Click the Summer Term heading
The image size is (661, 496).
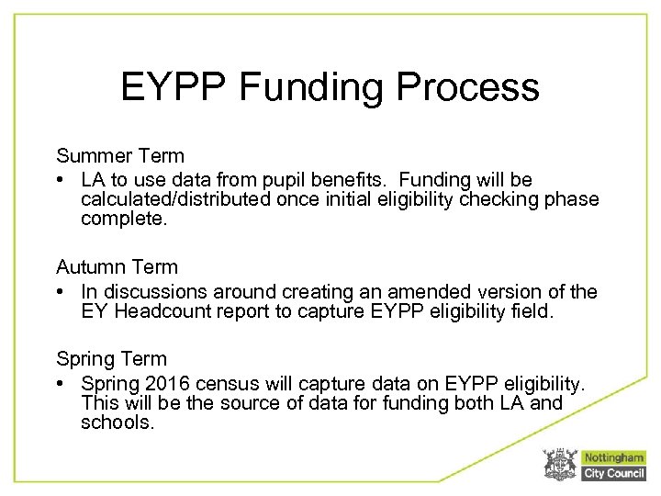coord(120,156)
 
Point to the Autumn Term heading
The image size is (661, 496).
coord(117,267)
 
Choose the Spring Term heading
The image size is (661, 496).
coord(112,358)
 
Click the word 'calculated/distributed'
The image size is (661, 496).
coord(172,200)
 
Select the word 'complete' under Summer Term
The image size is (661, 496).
coord(118,220)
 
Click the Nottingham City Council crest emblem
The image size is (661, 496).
coord(559,464)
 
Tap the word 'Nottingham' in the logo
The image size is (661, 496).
coord(613,457)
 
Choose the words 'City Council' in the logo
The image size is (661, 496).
coord(613,473)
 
